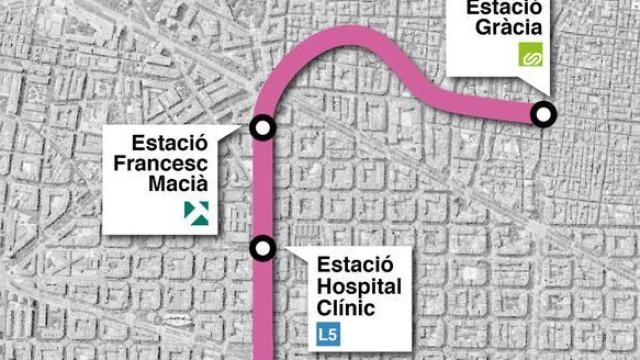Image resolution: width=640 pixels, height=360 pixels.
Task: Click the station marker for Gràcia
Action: pyautogui.click(x=544, y=115)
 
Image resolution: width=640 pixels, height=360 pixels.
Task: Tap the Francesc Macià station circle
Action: pyautogui.click(x=263, y=127)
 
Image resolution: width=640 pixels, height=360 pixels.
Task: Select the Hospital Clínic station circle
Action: pyautogui.click(x=263, y=247)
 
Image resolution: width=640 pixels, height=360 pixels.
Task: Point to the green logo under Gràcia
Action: pyautogui.click(x=528, y=58)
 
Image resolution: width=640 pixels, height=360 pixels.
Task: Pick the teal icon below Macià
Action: pyautogui.click(x=194, y=211)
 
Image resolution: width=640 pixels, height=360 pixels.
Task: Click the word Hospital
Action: pyautogui.click(x=360, y=287)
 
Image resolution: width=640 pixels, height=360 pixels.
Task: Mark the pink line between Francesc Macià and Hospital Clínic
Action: pyautogui.click(x=263, y=188)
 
